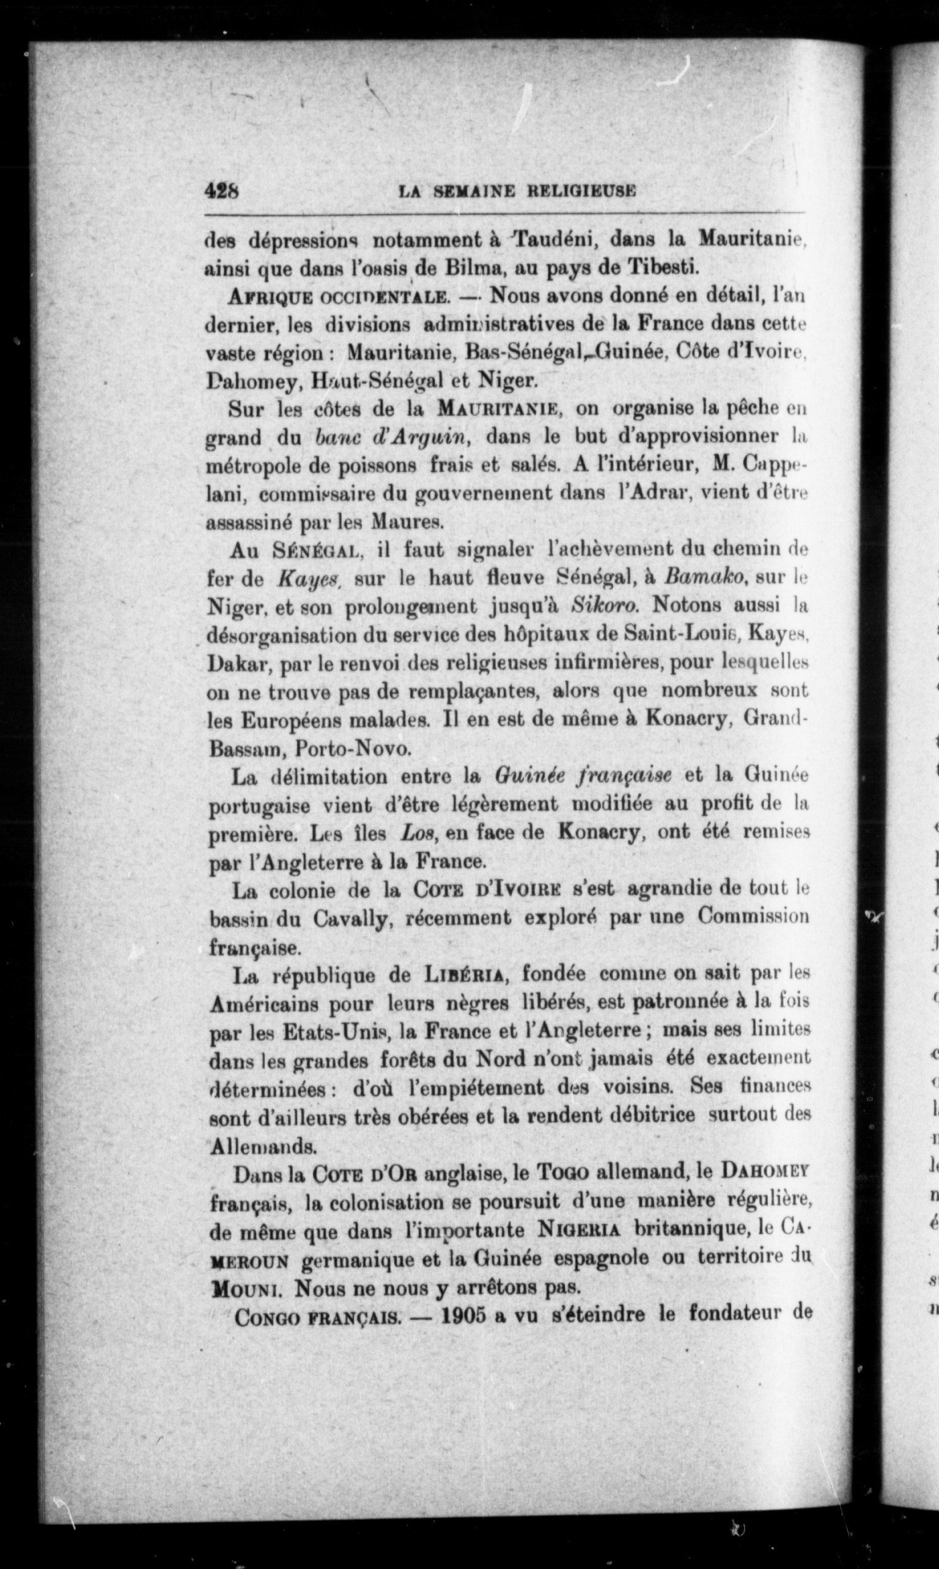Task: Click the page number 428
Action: [x=221, y=191]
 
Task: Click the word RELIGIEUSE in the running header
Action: [x=581, y=191]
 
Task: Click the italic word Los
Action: [x=417, y=834]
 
